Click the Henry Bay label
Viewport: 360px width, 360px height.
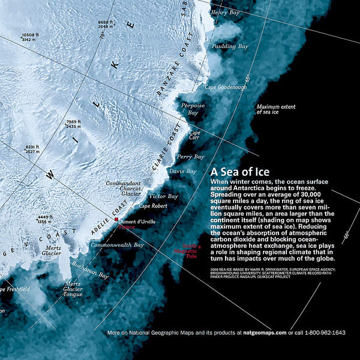pyautogui.click(x=228, y=12)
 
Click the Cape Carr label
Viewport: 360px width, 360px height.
pyautogui.click(x=195, y=136)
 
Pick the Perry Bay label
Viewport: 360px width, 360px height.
pyautogui.click(x=191, y=156)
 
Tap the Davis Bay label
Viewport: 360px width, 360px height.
pyautogui.click(x=182, y=171)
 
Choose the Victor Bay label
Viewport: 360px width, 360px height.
pyautogui.click(x=163, y=196)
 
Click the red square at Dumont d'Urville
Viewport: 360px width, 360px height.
pyautogui.click(x=116, y=220)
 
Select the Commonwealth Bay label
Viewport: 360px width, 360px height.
pyautogui.click(x=117, y=245)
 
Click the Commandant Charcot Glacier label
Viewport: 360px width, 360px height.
pyautogui.click(x=123, y=188)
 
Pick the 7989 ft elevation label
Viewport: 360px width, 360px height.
pyautogui.click(x=73, y=124)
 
